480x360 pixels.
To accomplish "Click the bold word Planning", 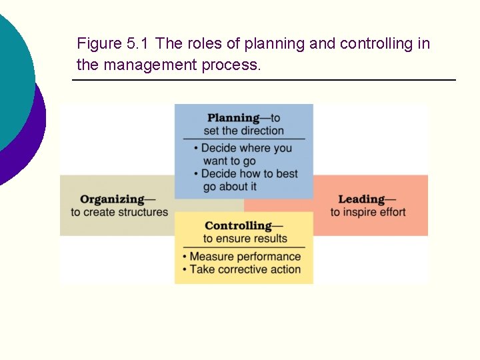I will coord(233,118).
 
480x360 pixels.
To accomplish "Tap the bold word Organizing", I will coord(112,199).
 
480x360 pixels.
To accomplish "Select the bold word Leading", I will coord(361,199).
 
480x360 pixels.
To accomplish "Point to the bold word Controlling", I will coord(238,226).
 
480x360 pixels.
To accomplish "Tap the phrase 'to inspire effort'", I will coord(368,213).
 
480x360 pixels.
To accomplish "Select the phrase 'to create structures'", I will coord(119,213).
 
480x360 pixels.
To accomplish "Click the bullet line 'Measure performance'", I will coord(245,257).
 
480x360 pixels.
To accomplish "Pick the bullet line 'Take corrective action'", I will coord(245,270).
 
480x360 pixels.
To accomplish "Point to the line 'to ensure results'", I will coord(245,239).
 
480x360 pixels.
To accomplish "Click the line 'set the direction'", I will coord(243,131).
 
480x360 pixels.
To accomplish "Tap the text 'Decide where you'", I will coord(247,148).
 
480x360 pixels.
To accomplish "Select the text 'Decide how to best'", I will coord(249,174).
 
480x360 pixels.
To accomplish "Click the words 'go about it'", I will coord(230,187).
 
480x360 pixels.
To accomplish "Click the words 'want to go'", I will coord(229,161).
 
